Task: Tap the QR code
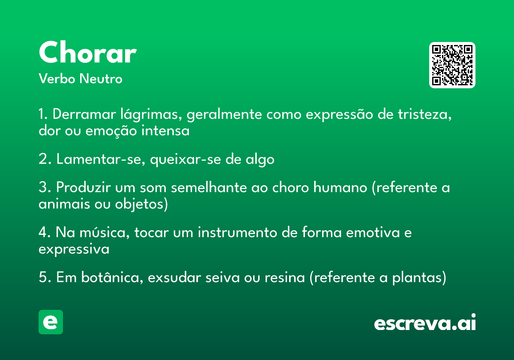click(452, 65)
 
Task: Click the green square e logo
click(51, 322)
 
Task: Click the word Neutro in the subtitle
click(101, 79)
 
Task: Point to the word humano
click(340, 187)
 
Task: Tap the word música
click(105, 232)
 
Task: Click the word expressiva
click(74, 249)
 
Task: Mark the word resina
click(285, 278)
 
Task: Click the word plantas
click(417, 278)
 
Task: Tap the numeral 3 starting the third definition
click(43, 187)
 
